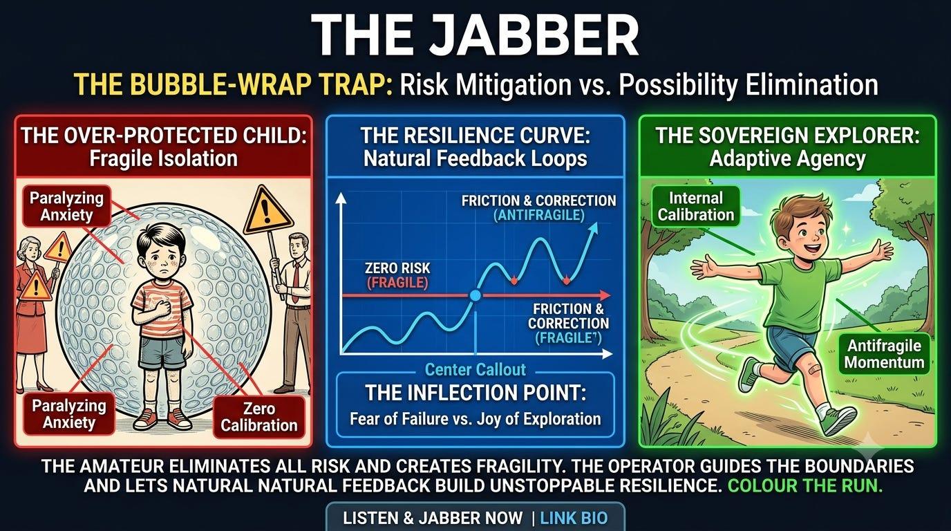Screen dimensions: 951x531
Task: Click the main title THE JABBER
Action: (x=475, y=35)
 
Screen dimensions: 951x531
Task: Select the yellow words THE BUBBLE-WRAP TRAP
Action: (x=233, y=84)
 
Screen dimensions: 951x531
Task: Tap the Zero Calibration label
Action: (x=259, y=417)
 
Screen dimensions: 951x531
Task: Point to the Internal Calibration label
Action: (x=696, y=206)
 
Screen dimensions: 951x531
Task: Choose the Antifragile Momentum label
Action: (x=884, y=354)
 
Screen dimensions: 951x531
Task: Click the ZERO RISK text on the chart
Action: (x=397, y=268)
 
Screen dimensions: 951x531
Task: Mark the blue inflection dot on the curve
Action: (x=475, y=295)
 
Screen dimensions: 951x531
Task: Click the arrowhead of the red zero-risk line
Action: (x=605, y=295)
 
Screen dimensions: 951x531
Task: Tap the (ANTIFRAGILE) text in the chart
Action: (x=539, y=216)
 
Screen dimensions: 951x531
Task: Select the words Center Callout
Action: (x=475, y=370)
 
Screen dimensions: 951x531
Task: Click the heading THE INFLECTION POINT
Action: (x=475, y=393)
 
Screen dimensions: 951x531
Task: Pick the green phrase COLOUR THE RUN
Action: (x=805, y=485)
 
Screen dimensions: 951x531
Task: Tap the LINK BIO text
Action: (x=574, y=518)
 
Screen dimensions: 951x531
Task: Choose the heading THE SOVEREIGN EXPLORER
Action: (x=788, y=136)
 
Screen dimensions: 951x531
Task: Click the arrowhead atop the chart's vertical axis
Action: (x=341, y=198)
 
